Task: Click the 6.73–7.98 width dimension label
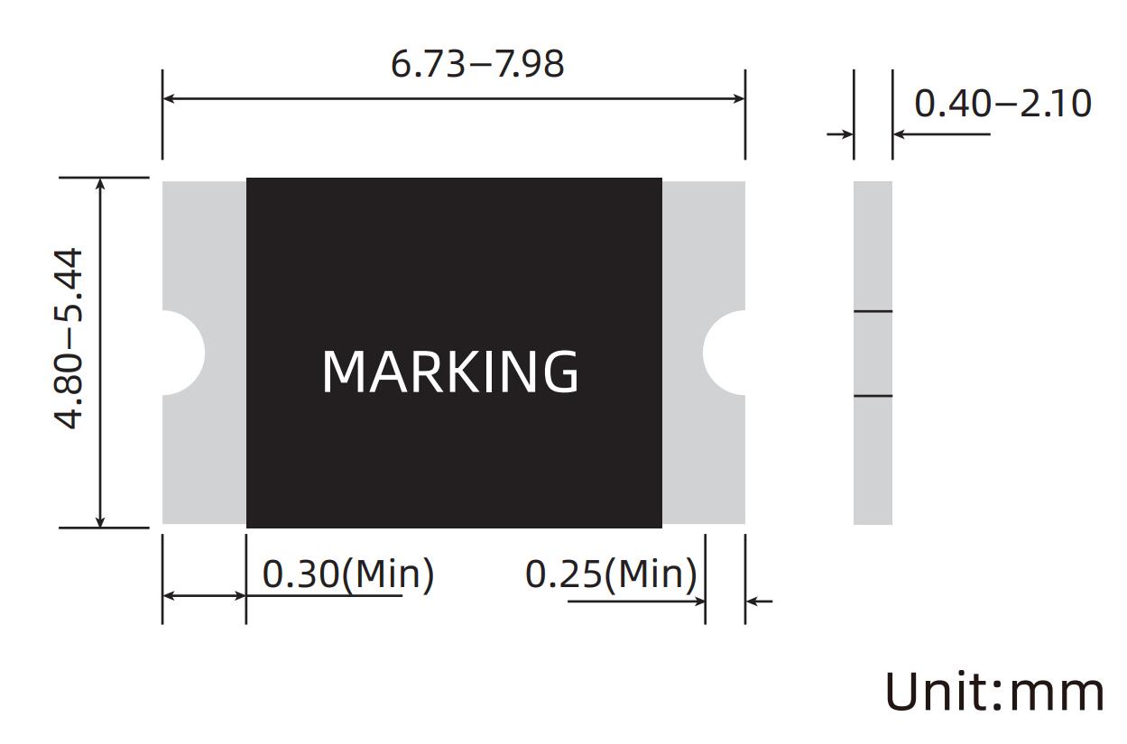477,64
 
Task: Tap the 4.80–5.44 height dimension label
68,338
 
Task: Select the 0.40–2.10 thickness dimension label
1002,104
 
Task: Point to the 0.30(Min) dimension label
347,574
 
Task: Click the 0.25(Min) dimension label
611,574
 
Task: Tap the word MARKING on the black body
450,372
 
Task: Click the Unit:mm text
994,692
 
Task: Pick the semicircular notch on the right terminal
724,353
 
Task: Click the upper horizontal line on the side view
873,312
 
